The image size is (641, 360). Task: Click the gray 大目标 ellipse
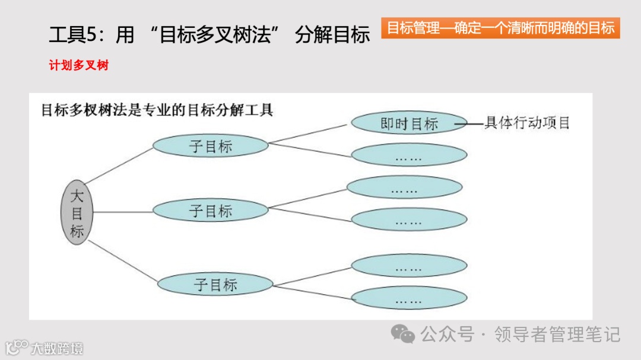tap(77, 212)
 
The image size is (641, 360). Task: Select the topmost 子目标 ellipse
tap(211, 146)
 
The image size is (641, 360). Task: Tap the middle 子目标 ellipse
tap(211, 211)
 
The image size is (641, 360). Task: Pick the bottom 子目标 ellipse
tap(215, 285)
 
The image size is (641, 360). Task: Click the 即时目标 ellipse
tap(409, 123)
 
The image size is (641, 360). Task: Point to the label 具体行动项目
tap(527, 123)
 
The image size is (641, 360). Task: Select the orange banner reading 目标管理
tap(500, 28)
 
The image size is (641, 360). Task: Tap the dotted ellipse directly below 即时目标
tap(409, 155)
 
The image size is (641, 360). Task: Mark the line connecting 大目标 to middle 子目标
tap(122, 212)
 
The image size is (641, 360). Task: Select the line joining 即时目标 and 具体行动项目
tap(475, 124)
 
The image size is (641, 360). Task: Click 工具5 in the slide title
tap(71, 35)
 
